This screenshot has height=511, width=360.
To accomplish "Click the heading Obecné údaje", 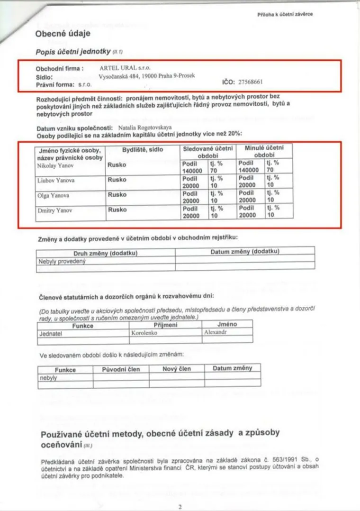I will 63,34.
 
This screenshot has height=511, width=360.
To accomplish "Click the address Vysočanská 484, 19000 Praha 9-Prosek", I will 147,75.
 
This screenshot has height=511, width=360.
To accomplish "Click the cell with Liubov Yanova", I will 53,181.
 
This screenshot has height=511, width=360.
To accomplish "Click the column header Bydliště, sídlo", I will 142,149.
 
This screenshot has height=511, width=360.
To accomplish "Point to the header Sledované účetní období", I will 208,152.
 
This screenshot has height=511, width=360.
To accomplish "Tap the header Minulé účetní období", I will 264,152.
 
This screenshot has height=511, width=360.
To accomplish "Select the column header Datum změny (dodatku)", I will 244,252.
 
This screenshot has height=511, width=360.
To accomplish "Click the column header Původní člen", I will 121,369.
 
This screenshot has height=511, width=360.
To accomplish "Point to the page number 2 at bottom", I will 180,507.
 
